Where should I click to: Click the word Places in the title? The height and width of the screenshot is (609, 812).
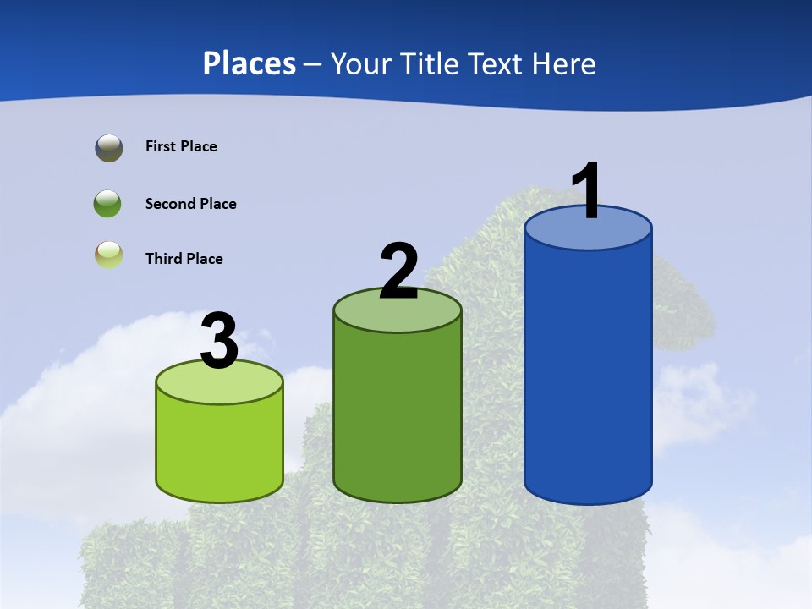[249, 63]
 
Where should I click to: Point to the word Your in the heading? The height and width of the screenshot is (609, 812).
[361, 64]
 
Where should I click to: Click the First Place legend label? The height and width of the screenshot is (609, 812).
[181, 146]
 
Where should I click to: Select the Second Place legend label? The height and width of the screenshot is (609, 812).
[190, 204]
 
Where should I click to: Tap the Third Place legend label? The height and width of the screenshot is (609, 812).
[184, 259]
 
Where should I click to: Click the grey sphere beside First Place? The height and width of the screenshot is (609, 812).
[109, 148]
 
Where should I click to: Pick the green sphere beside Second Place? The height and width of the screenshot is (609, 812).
[107, 204]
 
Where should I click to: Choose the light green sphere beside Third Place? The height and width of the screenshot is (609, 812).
[109, 255]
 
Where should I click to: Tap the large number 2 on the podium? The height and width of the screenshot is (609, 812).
[399, 272]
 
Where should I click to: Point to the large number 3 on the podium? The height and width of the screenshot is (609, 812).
[220, 341]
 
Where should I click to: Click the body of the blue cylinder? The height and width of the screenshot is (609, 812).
[588, 372]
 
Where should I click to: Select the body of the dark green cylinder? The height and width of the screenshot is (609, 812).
[398, 414]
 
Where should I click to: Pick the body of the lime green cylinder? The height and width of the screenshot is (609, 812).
[220, 448]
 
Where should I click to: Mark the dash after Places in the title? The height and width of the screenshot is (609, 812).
[312, 64]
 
